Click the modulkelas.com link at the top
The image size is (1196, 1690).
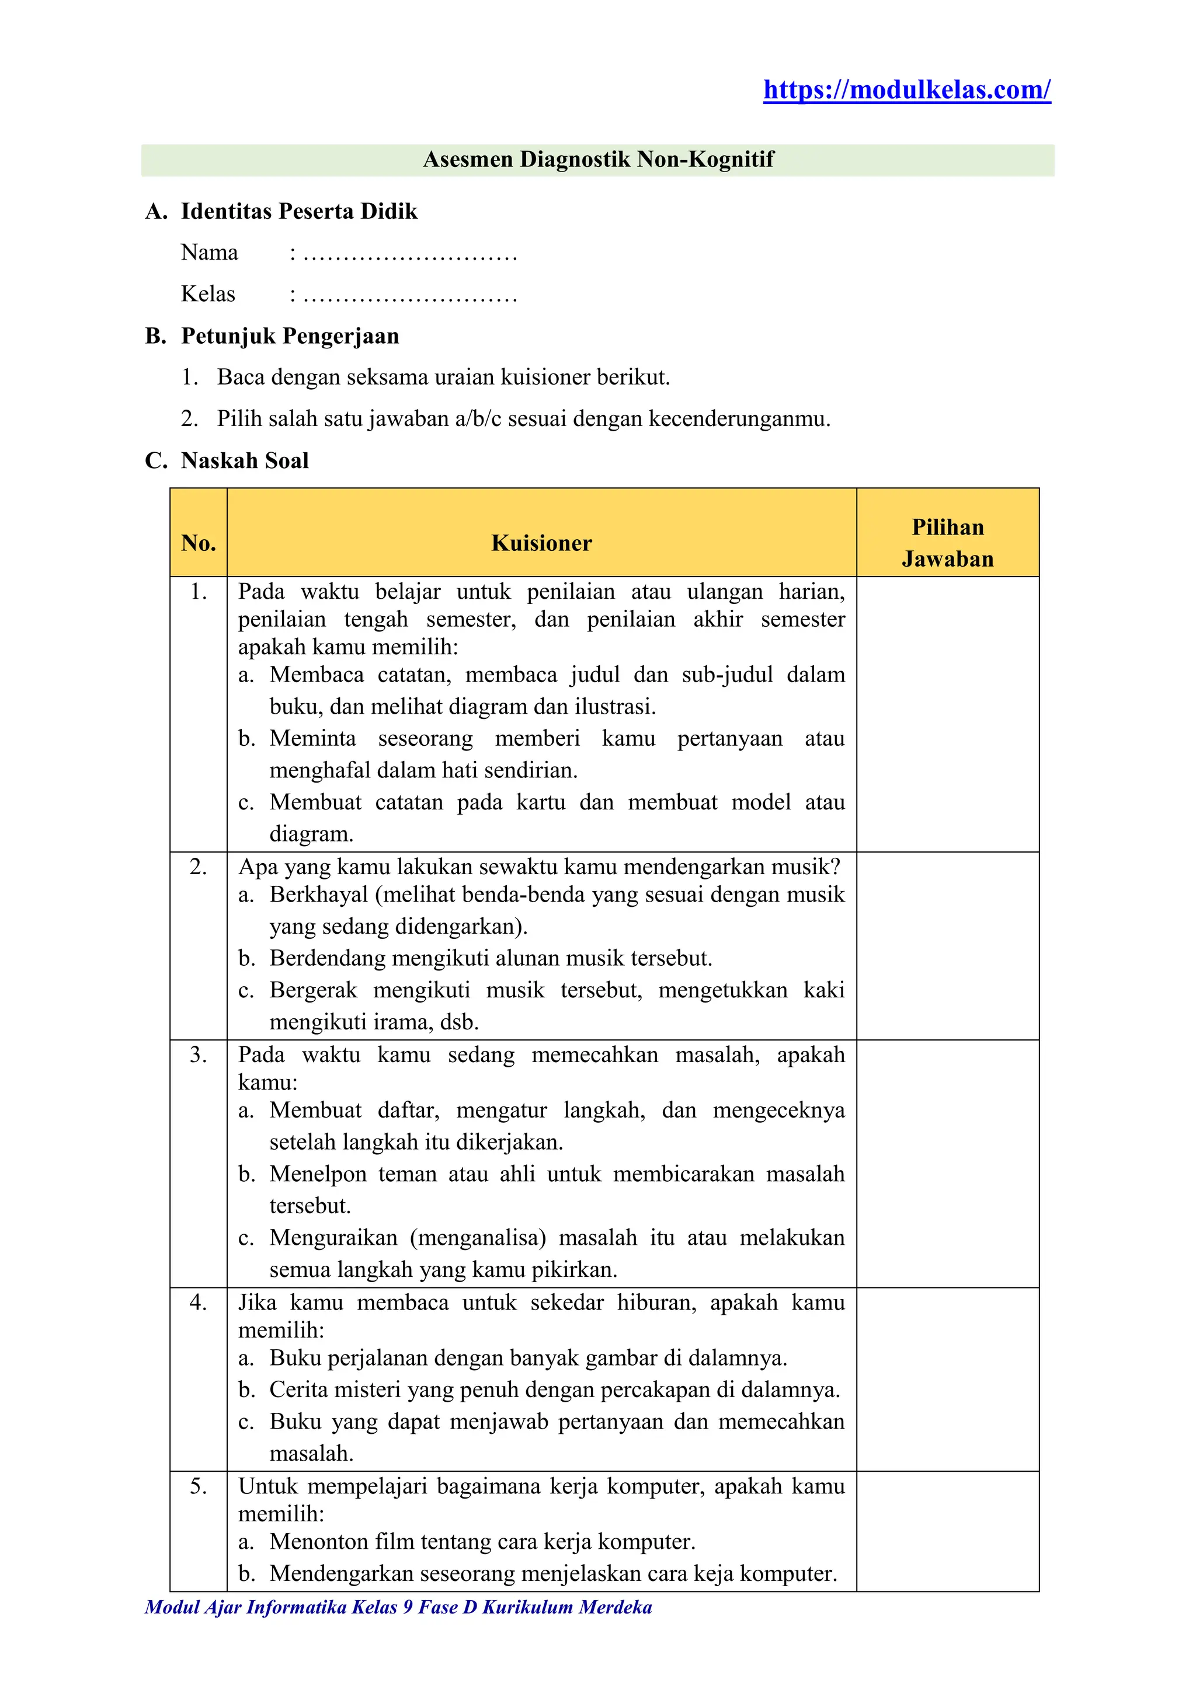tap(906, 90)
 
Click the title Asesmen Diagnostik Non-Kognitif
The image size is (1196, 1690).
tap(598, 160)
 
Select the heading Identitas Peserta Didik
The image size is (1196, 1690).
tap(299, 212)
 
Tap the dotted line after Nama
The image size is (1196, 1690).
tap(409, 254)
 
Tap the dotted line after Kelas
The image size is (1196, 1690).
tap(409, 296)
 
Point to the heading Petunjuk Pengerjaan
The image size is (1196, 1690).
tap(290, 336)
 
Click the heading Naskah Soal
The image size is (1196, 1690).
tap(245, 461)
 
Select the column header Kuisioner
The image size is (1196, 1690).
tap(541, 543)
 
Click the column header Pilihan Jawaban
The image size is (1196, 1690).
tap(948, 543)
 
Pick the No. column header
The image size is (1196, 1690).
tap(198, 543)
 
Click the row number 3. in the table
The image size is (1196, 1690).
tap(198, 1054)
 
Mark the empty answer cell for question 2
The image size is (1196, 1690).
tap(948, 946)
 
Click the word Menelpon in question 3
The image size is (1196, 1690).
tap(318, 1174)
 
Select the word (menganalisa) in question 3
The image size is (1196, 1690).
tap(478, 1238)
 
